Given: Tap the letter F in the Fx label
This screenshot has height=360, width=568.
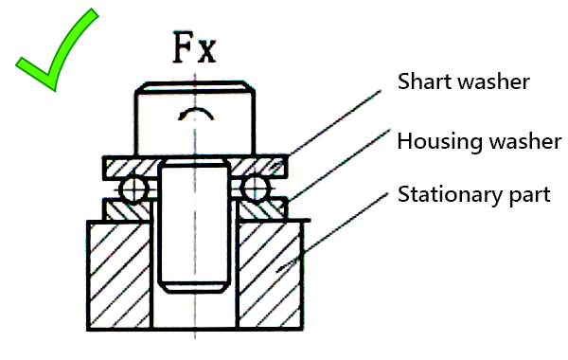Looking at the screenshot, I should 184,46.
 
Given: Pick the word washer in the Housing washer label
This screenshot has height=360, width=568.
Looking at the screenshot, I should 525,142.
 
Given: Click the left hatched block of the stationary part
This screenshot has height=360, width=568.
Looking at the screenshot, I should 118,275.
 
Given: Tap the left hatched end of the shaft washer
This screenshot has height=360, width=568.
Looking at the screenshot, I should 128,167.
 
